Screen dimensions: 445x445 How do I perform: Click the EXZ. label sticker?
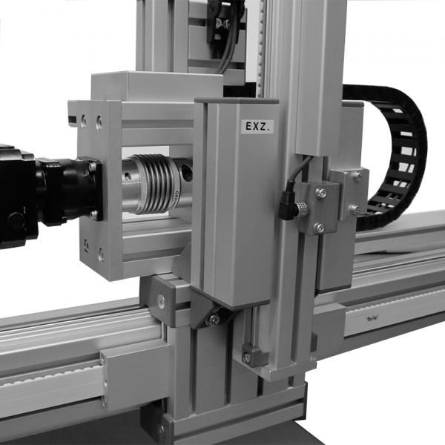coord(259,126)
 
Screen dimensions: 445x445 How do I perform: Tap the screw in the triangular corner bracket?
coord(214,320)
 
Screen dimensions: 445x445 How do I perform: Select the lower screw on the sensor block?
coord(319,228)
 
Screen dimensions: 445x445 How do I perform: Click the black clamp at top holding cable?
coord(222,19)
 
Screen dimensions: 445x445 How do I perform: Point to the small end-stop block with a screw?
coord(253,357)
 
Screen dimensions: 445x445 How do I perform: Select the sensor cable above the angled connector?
coord(293,174)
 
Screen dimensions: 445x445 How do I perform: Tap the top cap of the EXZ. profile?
coord(236,101)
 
